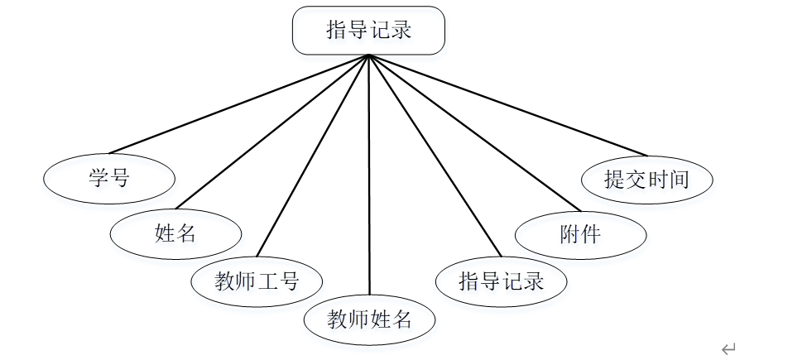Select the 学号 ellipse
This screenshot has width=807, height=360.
click(109, 178)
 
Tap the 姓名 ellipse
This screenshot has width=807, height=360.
click(175, 233)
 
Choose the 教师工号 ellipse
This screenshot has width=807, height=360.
click(257, 281)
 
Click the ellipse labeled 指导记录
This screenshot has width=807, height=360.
click(501, 281)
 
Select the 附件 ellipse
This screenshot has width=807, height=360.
click(580, 234)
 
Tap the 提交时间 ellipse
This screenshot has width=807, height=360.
click(646, 179)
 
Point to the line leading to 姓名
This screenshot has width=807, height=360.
click(273, 131)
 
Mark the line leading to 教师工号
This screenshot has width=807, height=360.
click(313, 156)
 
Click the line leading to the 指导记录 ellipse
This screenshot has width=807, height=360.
click(435, 156)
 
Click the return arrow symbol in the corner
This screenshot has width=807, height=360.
click(728, 349)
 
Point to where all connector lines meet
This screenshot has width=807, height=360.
click(368, 56)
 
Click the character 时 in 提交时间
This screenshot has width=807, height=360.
click(657, 179)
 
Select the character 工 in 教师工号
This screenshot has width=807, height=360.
click(267, 281)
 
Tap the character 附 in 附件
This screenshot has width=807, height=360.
click(569, 234)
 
